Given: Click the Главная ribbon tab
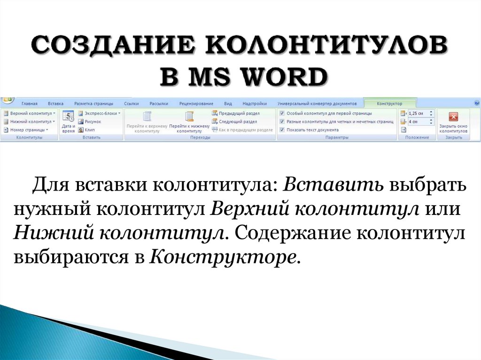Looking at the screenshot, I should pos(30,103).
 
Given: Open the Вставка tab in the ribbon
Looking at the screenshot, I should pos(55,103).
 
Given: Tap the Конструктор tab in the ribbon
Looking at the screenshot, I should pos(389,103).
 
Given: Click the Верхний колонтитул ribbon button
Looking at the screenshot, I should pos(29,114).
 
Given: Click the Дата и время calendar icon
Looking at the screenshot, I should pos(68,117).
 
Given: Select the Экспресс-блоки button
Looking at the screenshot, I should pos(100,114).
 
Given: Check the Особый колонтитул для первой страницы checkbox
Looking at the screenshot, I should pos(282,114).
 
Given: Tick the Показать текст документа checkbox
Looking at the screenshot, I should pos(282,130).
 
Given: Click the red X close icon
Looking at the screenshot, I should pos(453,117).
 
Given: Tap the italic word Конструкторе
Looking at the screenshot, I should pos(224,256).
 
